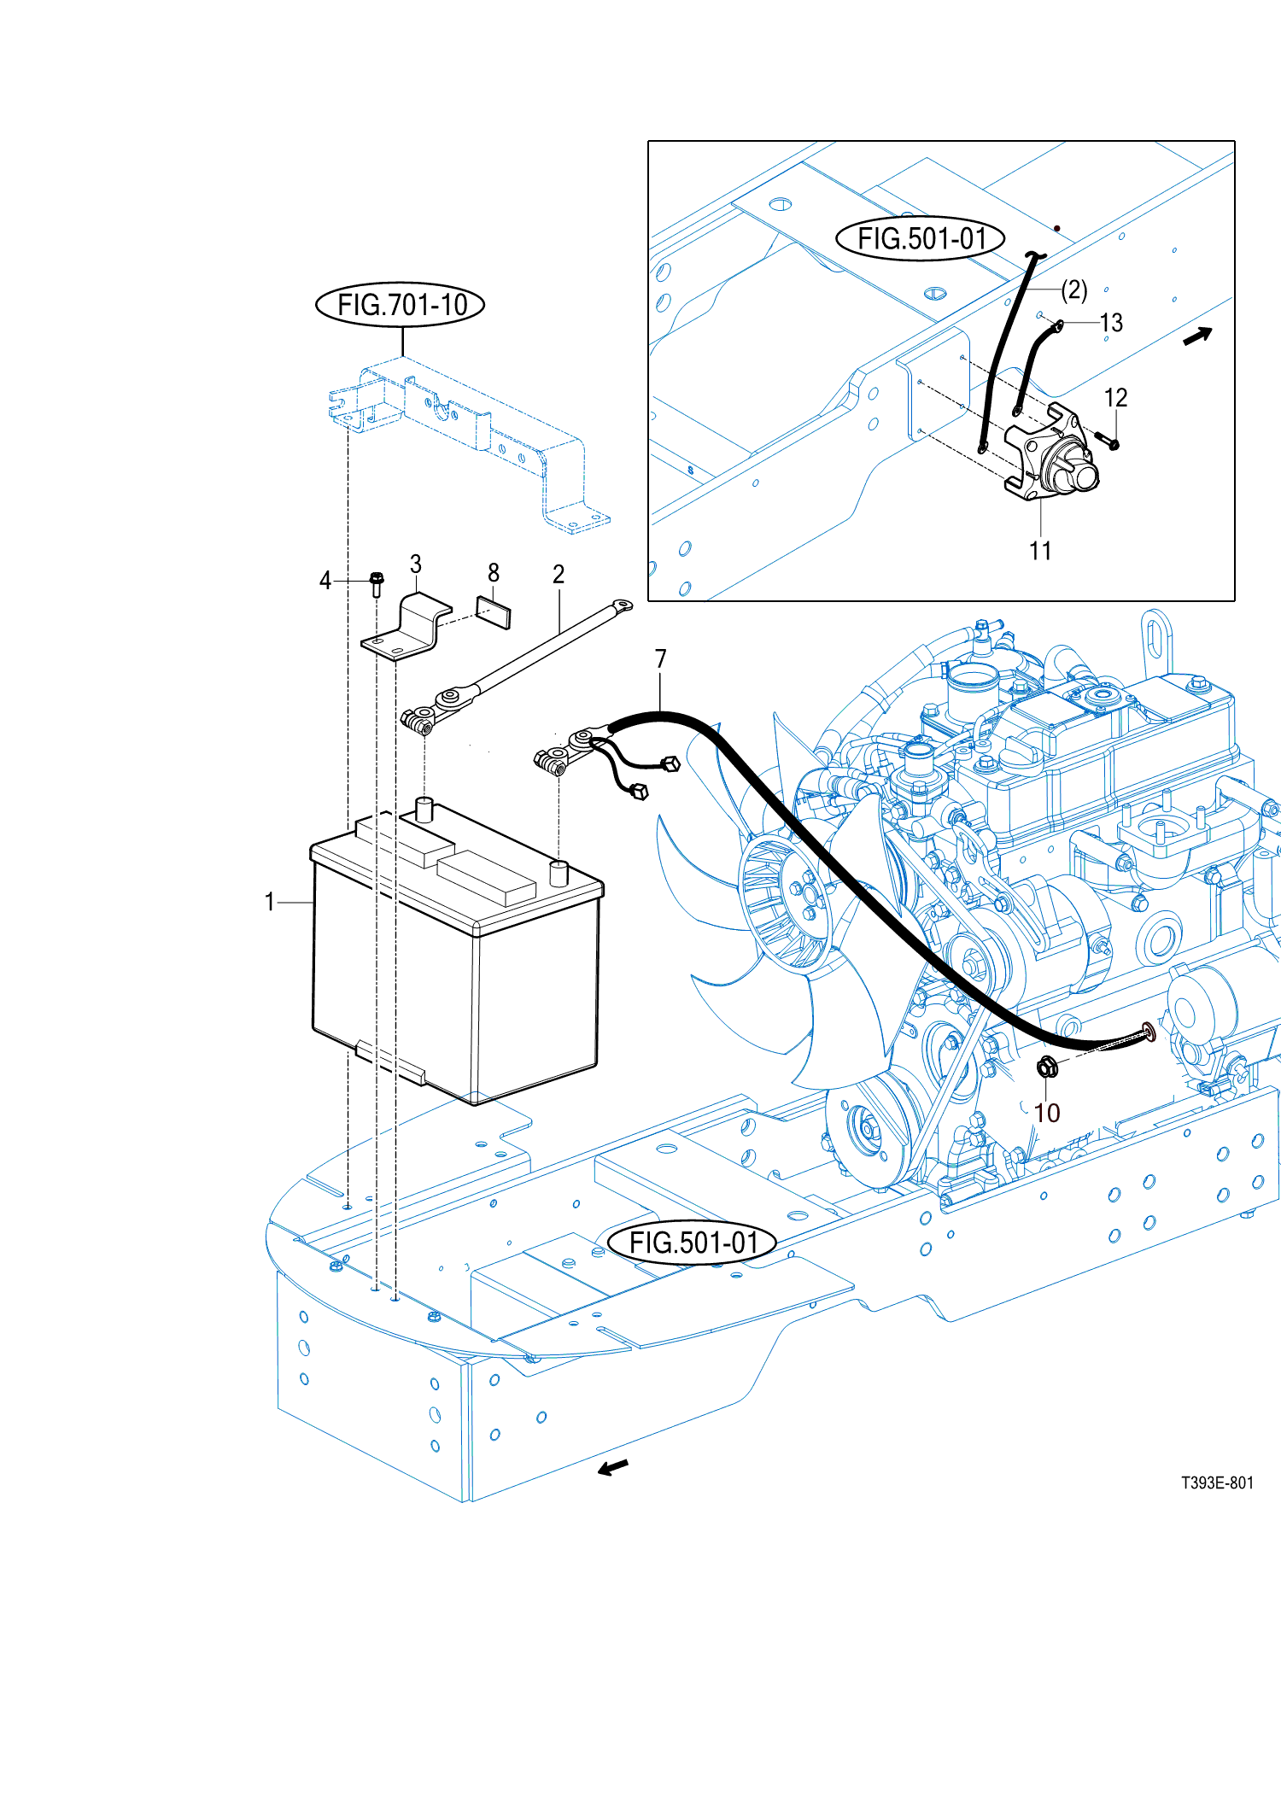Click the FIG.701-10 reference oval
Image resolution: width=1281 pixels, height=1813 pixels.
point(401,305)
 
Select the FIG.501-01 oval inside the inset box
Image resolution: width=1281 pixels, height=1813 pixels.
point(920,238)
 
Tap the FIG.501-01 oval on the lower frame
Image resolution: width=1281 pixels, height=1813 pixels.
point(692,1243)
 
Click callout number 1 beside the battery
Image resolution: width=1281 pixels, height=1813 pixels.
point(270,902)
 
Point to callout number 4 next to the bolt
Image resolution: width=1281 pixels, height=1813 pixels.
point(325,581)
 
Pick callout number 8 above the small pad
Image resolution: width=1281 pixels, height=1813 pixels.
point(494,572)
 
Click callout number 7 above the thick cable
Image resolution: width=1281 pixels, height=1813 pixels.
point(660,658)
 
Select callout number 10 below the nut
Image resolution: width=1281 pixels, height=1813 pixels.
point(1046,1113)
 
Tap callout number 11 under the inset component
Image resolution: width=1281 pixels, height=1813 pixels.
point(1039,551)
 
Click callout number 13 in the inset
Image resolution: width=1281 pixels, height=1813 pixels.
point(1111,323)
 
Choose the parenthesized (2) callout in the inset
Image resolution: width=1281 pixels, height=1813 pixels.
point(1074,290)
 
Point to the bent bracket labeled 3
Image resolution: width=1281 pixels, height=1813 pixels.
point(408,628)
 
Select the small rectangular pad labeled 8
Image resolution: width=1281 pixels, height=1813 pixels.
point(494,612)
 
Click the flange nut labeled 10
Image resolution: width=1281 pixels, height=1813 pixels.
point(1047,1067)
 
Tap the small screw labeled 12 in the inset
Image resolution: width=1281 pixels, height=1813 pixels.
point(1108,442)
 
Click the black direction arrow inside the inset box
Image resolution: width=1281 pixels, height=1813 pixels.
point(1197,336)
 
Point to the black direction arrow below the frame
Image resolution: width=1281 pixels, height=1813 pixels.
point(612,1468)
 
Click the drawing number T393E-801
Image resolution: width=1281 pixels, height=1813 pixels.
point(1217,1483)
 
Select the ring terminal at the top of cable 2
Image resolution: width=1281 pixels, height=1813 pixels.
point(623,606)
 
